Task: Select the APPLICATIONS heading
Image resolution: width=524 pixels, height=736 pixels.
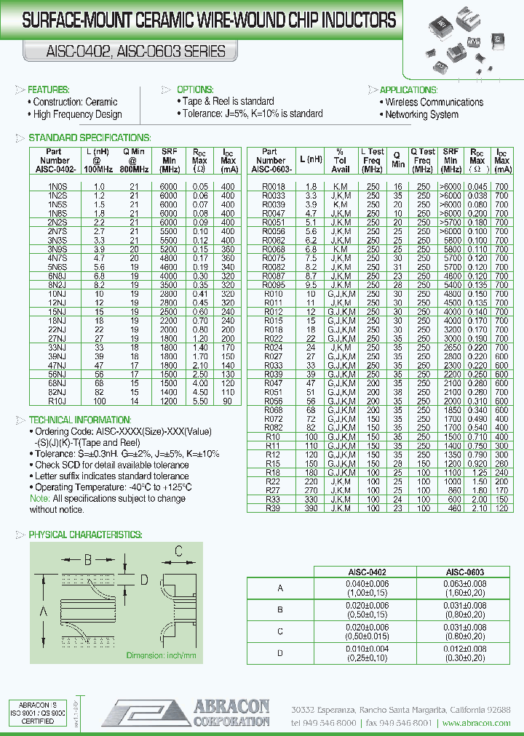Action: click(408, 89)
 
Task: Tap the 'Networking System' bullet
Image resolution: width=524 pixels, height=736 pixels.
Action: click(421, 114)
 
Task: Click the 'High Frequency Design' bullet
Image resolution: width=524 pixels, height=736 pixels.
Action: click(77, 114)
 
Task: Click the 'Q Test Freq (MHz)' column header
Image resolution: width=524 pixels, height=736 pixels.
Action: click(422, 160)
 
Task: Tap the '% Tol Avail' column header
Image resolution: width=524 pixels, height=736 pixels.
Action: click(340, 160)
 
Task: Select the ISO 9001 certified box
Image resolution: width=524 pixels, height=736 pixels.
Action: click(36, 713)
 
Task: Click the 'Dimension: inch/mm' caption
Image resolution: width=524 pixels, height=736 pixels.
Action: click(162, 655)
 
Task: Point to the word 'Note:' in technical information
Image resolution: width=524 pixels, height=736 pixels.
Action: click(39, 499)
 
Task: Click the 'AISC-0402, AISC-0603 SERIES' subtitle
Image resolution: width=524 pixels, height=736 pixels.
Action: click(126, 52)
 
